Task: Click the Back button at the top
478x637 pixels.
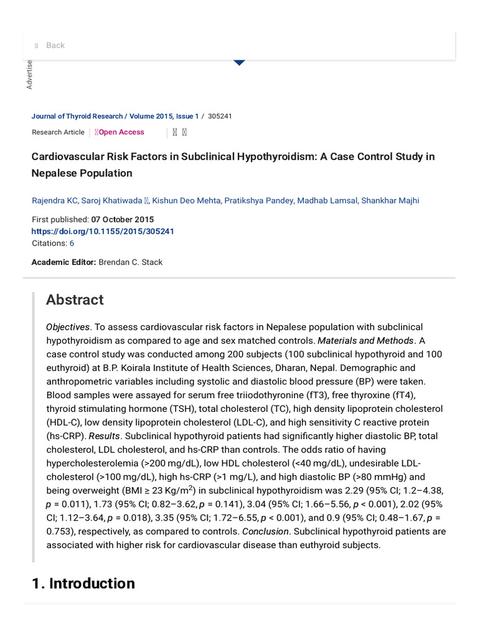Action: [55, 45]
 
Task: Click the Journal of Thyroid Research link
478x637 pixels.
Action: [77, 116]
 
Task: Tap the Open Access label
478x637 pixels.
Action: [121, 132]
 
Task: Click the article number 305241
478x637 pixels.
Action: [220, 116]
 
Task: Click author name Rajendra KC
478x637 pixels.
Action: [55, 200]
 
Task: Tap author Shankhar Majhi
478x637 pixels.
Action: [390, 200]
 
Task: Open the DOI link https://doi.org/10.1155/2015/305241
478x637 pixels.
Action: [103, 231]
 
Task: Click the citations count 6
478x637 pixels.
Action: [72, 243]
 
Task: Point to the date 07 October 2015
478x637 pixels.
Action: [123, 220]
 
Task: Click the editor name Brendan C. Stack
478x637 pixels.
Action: [130, 262]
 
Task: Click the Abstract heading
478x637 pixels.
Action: [75, 300]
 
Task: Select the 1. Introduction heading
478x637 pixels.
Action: [83, 584]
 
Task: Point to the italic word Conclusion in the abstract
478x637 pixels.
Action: [265, 532]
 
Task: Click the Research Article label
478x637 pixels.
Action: [58, 132]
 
